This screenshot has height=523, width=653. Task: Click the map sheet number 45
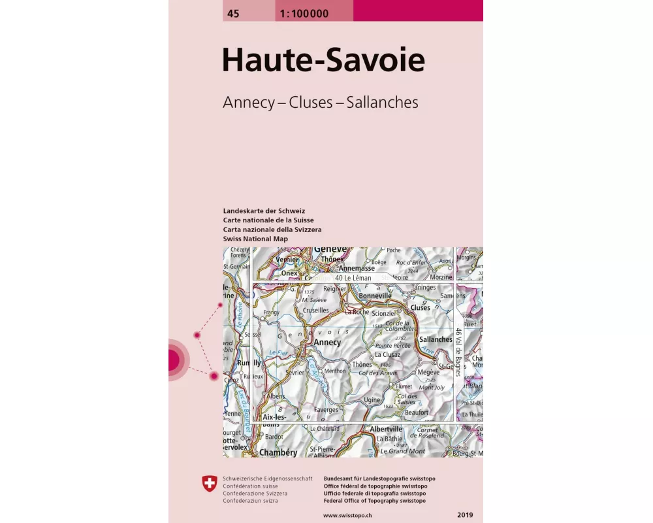tap(232, 13)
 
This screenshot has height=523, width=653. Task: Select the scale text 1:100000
tap(304, 13)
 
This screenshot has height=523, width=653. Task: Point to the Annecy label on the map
tap(327, 342)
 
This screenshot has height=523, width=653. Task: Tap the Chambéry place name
tap(278, 452)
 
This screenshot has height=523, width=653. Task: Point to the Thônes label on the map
tap(362, 364)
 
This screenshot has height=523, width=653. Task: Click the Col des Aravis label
tap(378, 373)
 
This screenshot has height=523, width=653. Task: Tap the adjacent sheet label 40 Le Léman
tap(353, 278)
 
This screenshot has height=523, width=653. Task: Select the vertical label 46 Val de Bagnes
tap(458, 353)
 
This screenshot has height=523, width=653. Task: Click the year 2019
tap(466, 515)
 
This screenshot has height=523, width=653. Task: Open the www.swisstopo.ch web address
tap(347, 515)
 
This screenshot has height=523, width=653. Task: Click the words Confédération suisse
tap(250, 486)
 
